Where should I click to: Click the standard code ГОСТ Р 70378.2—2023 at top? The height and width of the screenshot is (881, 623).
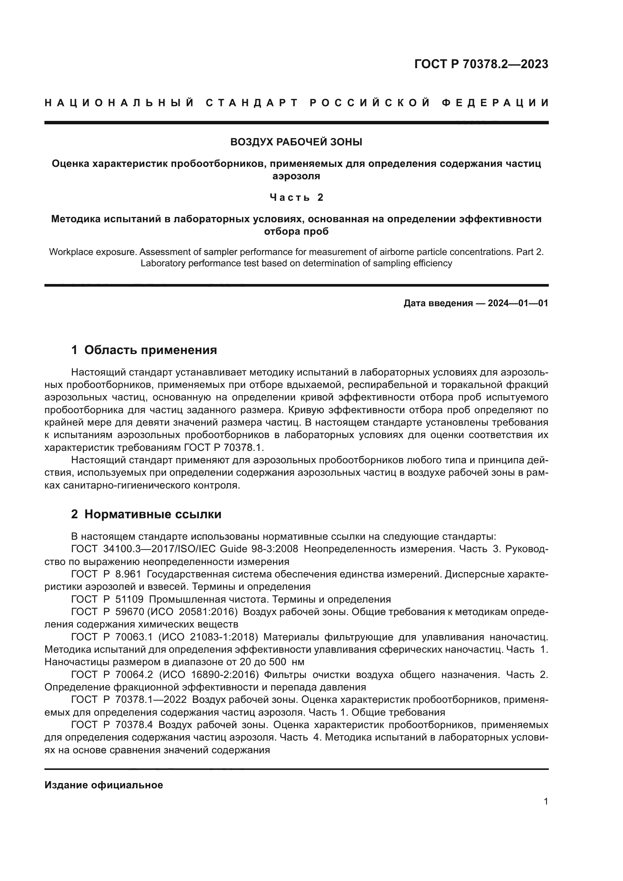(481, 64)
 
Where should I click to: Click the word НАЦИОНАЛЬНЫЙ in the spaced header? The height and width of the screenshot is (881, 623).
(119, 103)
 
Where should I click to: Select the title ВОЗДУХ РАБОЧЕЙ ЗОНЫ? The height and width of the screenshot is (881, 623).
(296, 142)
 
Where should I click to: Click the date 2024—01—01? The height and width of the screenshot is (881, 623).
(518, 303)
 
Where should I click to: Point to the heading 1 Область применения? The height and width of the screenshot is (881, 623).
(144, 350)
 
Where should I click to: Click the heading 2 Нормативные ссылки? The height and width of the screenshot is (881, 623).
(146, 514)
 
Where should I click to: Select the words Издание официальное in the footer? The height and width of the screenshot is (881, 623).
(104, 785)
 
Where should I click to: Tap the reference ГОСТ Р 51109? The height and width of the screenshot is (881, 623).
(107, 599)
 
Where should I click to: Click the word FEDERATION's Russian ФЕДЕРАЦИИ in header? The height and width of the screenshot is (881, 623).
(495, 103)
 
